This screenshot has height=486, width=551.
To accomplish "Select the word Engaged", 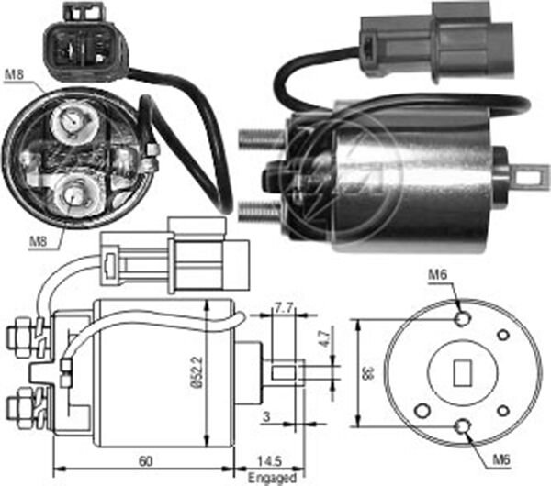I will (273, 477).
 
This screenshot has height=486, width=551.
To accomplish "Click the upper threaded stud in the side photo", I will (261, 139).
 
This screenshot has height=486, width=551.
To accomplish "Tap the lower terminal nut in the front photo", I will (73, 193).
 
